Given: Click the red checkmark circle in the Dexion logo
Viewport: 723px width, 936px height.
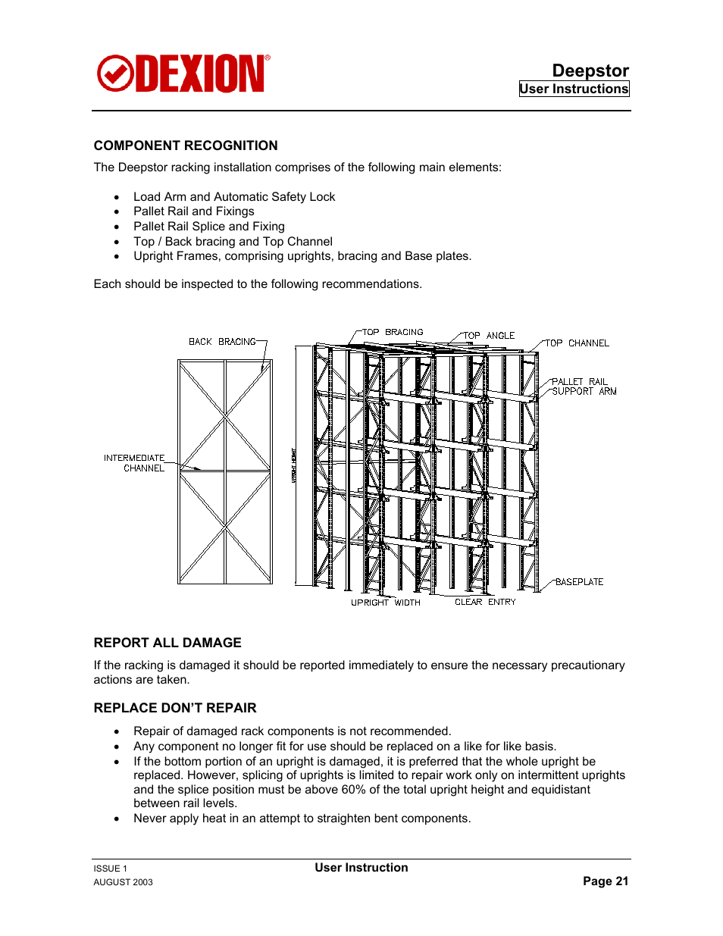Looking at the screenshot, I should click(115, 74).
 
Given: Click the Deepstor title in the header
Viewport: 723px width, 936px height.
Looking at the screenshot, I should click(590, 70).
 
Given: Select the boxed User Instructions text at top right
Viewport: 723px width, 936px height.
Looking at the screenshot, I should click(574, 89).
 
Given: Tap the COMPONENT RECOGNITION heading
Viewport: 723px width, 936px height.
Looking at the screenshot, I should click(186, 146).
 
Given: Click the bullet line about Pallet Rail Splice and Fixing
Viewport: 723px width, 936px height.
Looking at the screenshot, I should click(209, 226).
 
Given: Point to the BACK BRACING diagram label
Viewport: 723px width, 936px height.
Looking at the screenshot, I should click(222, 342).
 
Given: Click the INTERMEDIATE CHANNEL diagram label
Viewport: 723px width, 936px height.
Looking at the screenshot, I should click(135, 463).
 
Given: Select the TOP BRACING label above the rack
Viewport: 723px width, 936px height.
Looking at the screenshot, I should click(393, 332).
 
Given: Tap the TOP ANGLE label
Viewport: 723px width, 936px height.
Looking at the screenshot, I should click(489, 335).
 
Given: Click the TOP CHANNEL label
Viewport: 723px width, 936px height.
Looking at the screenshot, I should click(577, 343).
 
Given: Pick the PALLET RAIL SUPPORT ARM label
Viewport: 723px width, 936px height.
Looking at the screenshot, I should click(584, 387).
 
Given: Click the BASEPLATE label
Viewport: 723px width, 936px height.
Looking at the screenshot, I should click(579, 582).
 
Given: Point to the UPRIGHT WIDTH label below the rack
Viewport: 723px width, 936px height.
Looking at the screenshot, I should click(385, 603).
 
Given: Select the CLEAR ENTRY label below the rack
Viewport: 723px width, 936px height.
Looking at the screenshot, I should click(485, 602).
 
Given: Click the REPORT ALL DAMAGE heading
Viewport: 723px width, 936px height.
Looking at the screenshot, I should click(167, 643).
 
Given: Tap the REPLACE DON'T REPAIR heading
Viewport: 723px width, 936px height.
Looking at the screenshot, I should click(175, 708).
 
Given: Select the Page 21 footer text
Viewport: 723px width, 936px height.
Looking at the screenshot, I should click(606, 881).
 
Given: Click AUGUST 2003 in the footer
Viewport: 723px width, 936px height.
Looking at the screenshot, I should click(123, 882).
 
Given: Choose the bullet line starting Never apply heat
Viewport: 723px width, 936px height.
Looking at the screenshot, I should click(302, 819).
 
